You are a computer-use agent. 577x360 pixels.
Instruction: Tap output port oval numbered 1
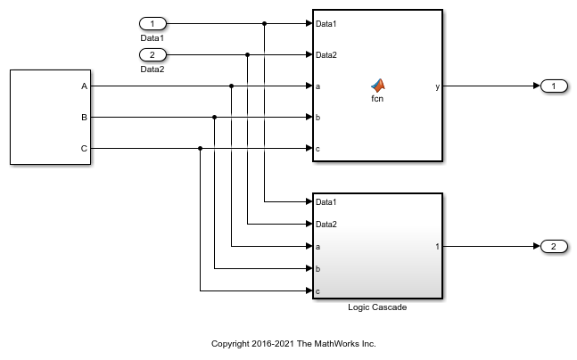click(554, 86)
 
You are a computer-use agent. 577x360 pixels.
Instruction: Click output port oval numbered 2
click(554, 246)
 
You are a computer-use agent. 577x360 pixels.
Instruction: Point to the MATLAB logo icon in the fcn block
click(377, 85)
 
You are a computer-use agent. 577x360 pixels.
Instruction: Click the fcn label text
click(377, 98)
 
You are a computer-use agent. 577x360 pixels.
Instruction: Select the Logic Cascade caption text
click(377, 307)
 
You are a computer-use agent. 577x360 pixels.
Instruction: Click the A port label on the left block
click(85, 86)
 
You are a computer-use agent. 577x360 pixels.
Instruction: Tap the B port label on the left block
click(85, 117)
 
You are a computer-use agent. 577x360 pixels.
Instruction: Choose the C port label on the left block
click(85, 148)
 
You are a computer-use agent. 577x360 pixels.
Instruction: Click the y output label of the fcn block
click(437, 86)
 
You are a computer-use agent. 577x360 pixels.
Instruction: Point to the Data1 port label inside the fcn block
click(326, 24)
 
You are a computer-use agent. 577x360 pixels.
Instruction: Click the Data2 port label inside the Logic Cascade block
click(326, 225)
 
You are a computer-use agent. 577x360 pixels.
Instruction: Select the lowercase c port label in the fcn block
click(318, 148)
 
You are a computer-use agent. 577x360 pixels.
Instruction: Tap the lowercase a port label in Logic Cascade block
click(318, 246)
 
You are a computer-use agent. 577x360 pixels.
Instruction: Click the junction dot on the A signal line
click(231, 86)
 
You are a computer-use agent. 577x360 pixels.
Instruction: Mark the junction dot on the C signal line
click(200, 148)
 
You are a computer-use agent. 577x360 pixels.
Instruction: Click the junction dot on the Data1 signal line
click(265, 23)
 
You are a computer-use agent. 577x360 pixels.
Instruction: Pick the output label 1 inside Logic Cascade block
click(437, 246)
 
